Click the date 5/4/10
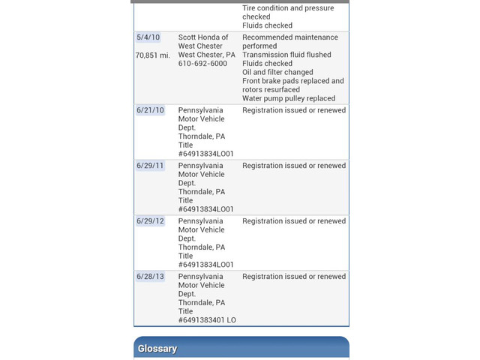tap(148, 37)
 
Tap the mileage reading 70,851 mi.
tap(153, 55)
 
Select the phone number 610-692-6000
tap(202, 64)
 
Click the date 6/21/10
tap(150, 110)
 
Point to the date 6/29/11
tap(150, 166)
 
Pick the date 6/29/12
tap(150, 221)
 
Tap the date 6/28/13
tap(150, 277)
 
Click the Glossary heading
tap(157, 349)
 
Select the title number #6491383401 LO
tap(207, 320)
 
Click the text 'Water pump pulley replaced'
tap(289, 98)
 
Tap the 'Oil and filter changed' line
tap(277, 73)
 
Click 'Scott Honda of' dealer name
tap(203, 37)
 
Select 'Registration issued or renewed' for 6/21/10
tap(294, 110)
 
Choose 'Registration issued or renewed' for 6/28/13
tap(294, 277)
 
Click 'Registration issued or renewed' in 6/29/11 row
tap(294, 166)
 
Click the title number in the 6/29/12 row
tap(206, 265)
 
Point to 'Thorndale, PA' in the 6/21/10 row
tap(202, 136)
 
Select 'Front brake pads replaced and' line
tap(293, 81)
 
